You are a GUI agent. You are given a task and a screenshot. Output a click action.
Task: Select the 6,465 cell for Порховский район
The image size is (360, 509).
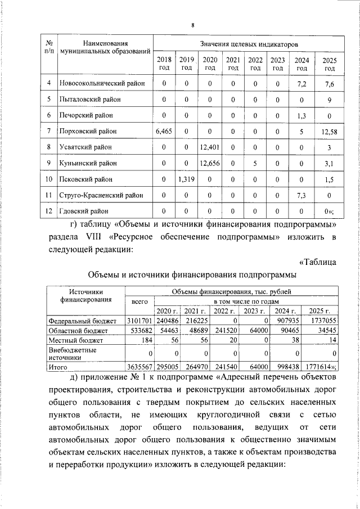click(x=164, y=131)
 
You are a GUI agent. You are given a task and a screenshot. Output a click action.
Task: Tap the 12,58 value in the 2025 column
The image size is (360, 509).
click(x=330, y=131)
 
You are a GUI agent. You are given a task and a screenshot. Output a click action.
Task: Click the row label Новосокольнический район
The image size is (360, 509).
click(x=102, y=83)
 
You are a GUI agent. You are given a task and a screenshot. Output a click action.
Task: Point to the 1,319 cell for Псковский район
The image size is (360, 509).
click(x=186, y=179)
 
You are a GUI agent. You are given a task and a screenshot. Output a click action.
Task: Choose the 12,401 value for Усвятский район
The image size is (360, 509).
click(x=210, y=147)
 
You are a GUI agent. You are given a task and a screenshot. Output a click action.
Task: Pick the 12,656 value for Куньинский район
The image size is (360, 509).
click(x=210, y=164)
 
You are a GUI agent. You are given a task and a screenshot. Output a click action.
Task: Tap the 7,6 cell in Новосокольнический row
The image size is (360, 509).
click(x=330, y=83)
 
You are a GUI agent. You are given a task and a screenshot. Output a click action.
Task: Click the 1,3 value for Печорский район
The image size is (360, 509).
click(x=301, y=115)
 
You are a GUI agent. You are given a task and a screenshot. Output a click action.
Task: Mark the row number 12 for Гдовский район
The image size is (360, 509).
click(x=49, y=211)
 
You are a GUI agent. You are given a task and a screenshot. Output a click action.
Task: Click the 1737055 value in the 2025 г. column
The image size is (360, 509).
click(x=323, y=320)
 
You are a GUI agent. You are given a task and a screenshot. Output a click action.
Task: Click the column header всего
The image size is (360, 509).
click(x=139, y=301)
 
